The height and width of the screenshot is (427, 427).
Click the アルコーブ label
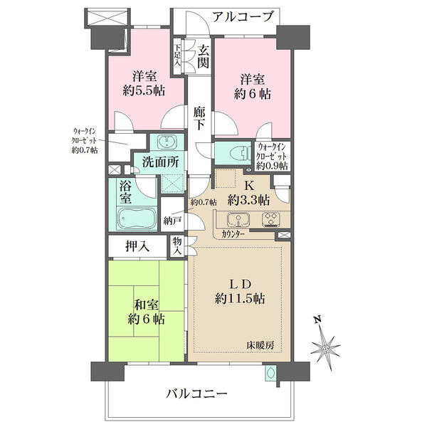(243, 17)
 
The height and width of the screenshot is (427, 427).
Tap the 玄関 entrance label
(204, 57)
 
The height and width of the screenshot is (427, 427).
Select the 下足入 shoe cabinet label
(177, 55)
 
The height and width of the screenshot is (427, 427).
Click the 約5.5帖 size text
(144, 90)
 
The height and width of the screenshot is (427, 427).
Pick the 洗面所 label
(161, 162)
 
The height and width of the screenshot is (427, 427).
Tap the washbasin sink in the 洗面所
(167, 142)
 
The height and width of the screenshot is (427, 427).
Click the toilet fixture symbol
(241, 154)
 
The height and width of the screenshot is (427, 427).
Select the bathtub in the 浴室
(137, 218)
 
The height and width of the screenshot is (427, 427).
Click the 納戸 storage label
(172, 221)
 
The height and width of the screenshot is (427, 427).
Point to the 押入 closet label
(137, 247)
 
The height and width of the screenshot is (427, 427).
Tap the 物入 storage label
(177, 246)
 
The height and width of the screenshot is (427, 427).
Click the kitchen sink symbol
(238, 219)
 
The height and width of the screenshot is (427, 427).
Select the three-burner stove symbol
(271, 219)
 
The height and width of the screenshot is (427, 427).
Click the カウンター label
(233, 234)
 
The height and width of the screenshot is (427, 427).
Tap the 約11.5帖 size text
(240, 299)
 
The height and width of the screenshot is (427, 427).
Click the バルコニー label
(196, 394)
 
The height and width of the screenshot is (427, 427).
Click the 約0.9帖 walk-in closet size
(272, 166)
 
